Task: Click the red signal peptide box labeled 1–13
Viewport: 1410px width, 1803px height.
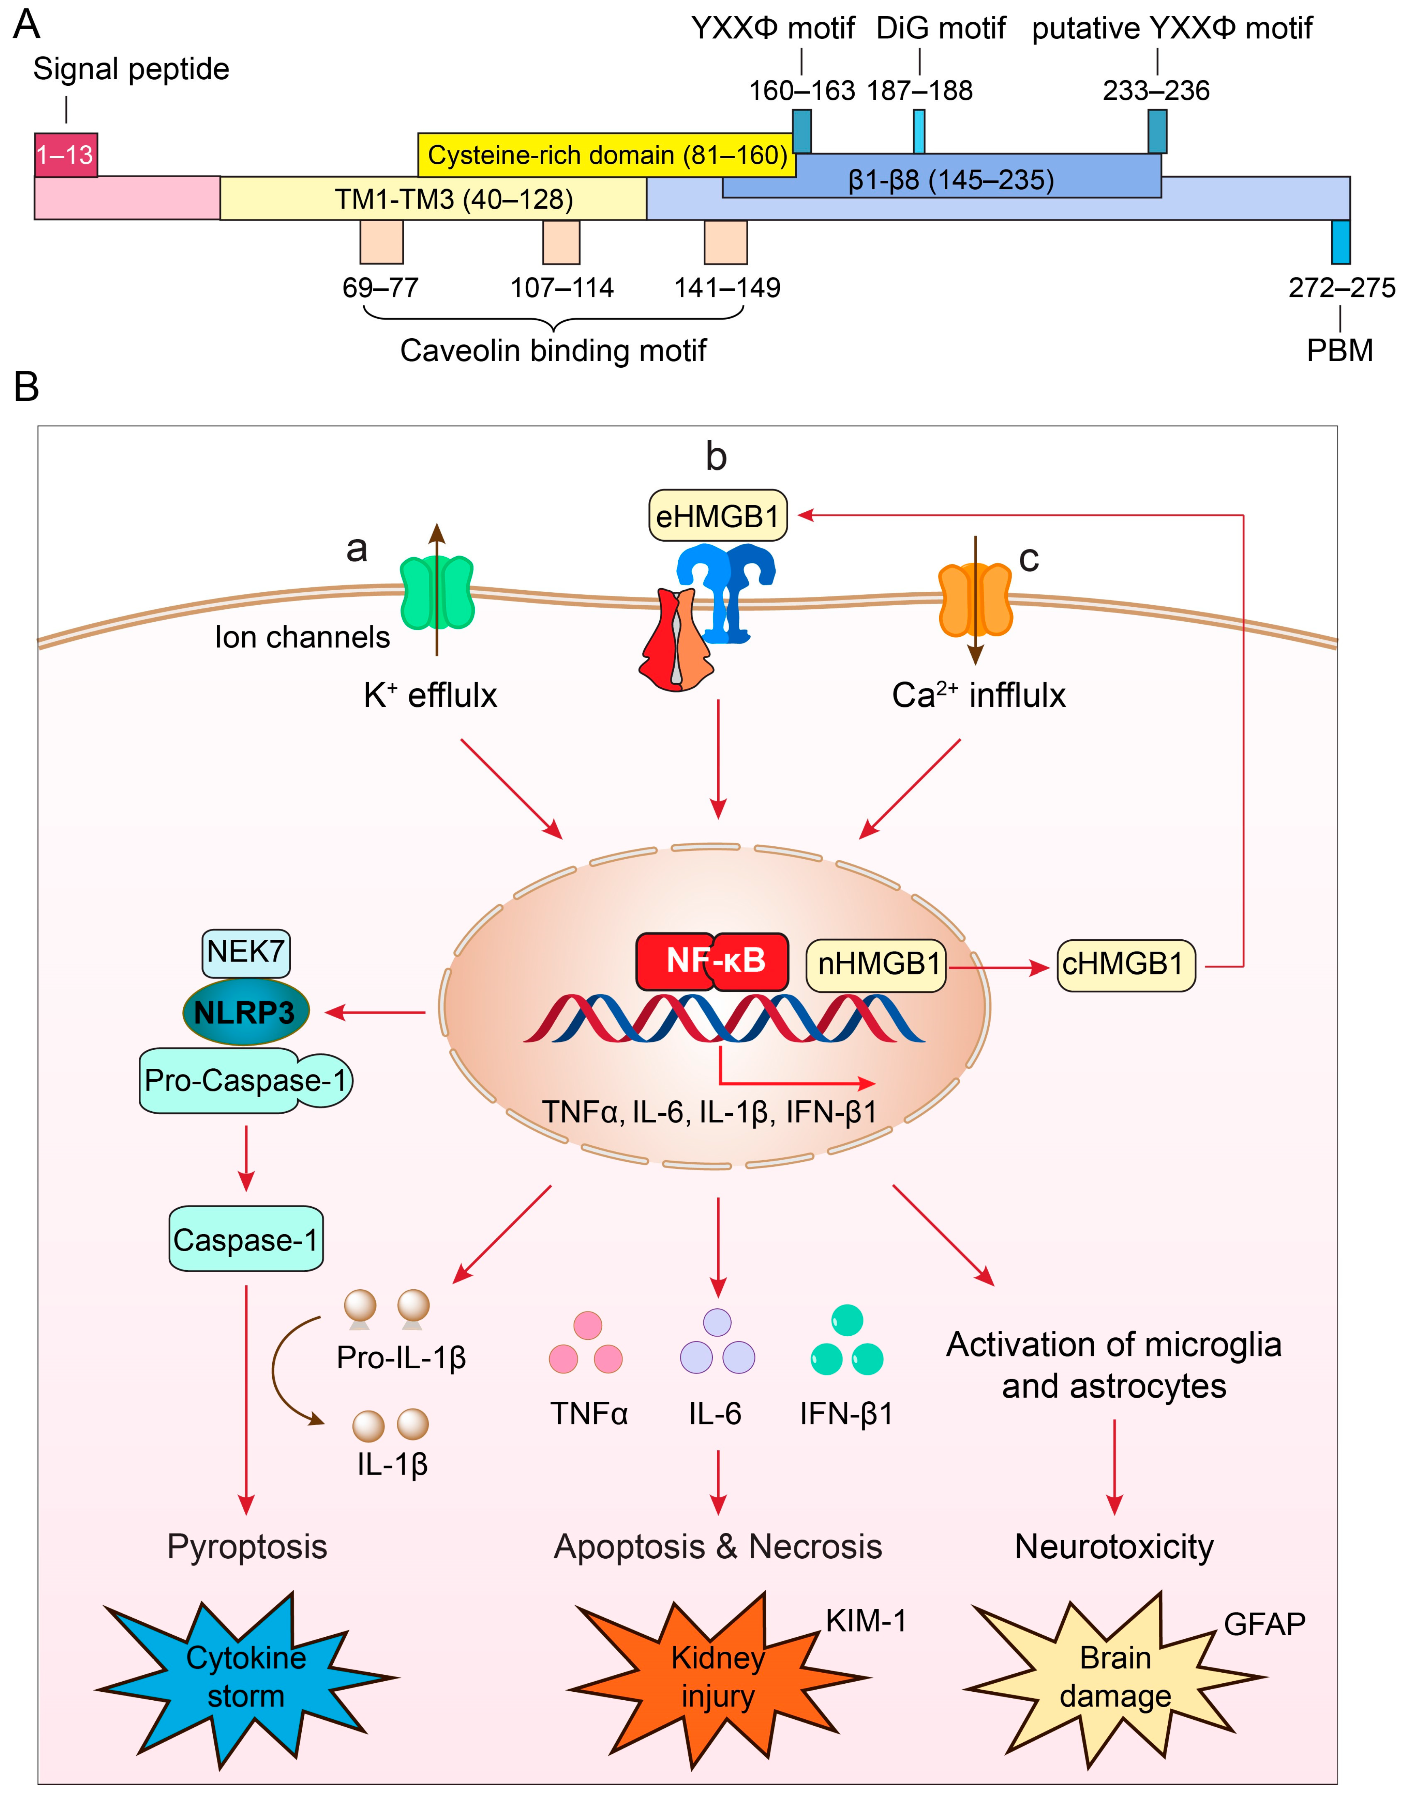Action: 66,155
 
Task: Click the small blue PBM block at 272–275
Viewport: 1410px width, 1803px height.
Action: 1341,242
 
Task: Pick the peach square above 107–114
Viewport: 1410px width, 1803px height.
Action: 561,242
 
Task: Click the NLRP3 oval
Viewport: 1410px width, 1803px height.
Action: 245,1012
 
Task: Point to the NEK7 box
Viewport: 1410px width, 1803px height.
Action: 245,952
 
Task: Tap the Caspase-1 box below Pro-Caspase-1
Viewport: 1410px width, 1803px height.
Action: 245,1240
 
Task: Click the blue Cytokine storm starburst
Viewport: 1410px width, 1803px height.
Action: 246,1677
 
